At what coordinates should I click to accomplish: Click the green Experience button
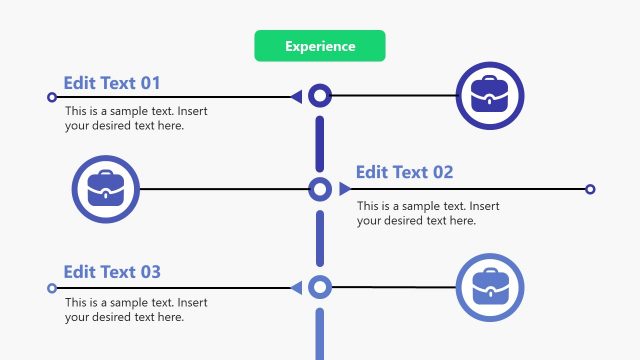[x=319, y=46]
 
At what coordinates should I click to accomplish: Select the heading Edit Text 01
[x=111, y=83]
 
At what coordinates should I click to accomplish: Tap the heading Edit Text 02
[x=404, y=172]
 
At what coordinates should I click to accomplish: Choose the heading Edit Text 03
[x=111, y=271]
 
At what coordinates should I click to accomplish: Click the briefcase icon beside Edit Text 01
[x=489, y=96]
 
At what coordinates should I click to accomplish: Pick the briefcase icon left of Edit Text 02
[x=105, y=189]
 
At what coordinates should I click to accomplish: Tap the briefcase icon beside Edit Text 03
[x=489, y=288]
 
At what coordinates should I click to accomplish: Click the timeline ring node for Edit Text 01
[x=319, y=96]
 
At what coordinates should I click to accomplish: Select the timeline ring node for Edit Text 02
[x=320, y=188]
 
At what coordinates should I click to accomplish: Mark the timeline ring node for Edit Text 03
[x=319, y=288]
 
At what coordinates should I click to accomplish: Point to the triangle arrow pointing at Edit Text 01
[x=296, y=97]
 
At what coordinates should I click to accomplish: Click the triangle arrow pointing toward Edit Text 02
[x=344, y=188]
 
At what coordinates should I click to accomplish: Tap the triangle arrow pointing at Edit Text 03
[x=296, y=288]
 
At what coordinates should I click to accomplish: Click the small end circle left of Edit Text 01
[x=52, y=97]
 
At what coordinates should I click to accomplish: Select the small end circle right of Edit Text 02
[x=590, y=189]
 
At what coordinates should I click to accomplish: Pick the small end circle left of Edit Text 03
[x=52, y=288]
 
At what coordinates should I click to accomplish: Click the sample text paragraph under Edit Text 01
[x=136, y=118]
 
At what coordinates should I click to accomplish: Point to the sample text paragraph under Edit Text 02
[x=428, y=213]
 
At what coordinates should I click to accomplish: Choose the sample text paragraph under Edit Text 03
[x=136, y=309]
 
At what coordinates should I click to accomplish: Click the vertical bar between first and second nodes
[x=320, y=142]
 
